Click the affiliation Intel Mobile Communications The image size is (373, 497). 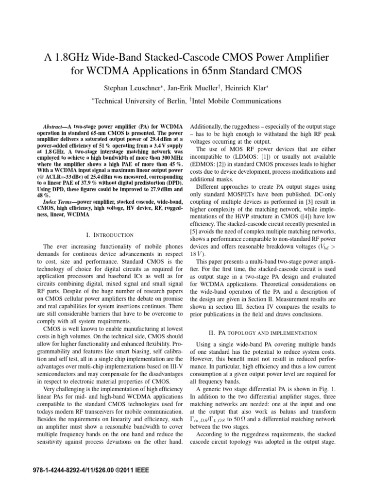231,101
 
